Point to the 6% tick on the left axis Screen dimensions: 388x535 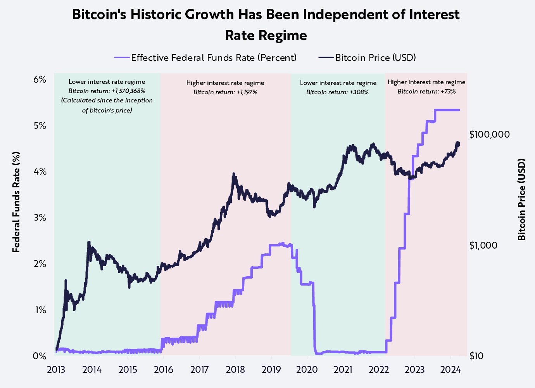pyautogui.click(x=40, y=80)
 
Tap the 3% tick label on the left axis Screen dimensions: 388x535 pyautogui.click(x=40, y=218)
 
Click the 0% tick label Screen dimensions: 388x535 pyautogui.click(x=40, y=356)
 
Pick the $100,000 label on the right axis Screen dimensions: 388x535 pyautogui.click(x=489, y=135)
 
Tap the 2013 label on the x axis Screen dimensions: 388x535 pyautogui.click(x=56, y=369)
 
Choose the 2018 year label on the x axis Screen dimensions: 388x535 pyautogui.click(x=235, y=369)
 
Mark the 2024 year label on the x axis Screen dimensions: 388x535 pyautogui.click(x=450, y=369)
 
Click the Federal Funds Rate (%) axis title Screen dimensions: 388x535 pyautogui.click(x=16, y=202)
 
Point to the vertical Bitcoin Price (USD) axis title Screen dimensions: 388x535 pyautogui.click(x=522, y=199)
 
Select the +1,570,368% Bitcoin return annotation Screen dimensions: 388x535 pyautogui.click(x=107, y=91)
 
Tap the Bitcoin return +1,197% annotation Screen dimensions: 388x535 pyautogui.click(x=225, y=92)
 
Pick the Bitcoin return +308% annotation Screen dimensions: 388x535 pyautogui.click(x=337, y=92)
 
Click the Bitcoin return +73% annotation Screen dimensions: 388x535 pyautogui.click(x=426, y=92)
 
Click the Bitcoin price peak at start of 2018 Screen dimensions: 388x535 pyautogui.click(x=233, y=174)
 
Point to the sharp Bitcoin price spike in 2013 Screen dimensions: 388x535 pyautogui.click(x=66, y=280)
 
